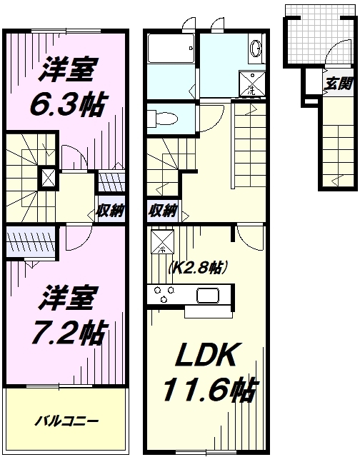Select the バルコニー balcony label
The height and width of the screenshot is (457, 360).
[x=67, y=421]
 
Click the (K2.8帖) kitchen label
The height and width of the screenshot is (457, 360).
[x=198, y=268]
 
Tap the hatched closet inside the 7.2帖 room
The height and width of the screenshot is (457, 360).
[x=31, y=240]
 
